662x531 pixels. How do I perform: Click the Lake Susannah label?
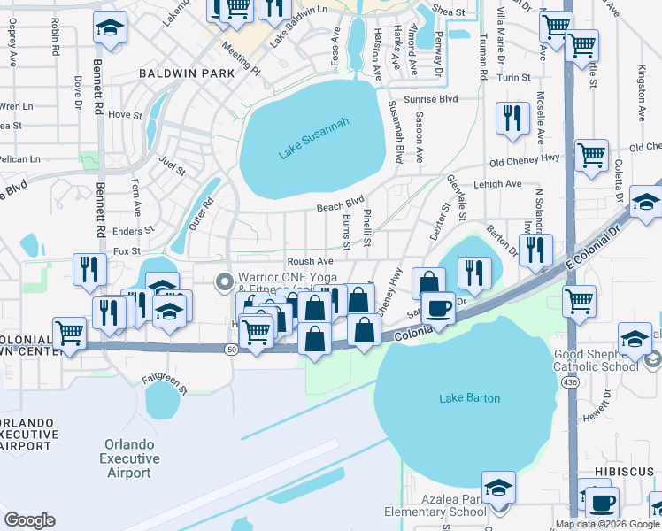coord(313,139)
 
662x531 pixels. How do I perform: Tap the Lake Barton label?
coord(469,398)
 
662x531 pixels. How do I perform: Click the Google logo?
coord(29,519)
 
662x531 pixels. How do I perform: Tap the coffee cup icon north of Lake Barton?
coord(438,309)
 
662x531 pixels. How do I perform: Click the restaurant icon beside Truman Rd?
coord(512,119)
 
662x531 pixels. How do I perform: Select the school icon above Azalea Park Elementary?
coord(498,487)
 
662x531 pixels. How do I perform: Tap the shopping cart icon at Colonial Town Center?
coord(69,333)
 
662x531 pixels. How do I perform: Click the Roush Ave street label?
coord(310,262)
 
